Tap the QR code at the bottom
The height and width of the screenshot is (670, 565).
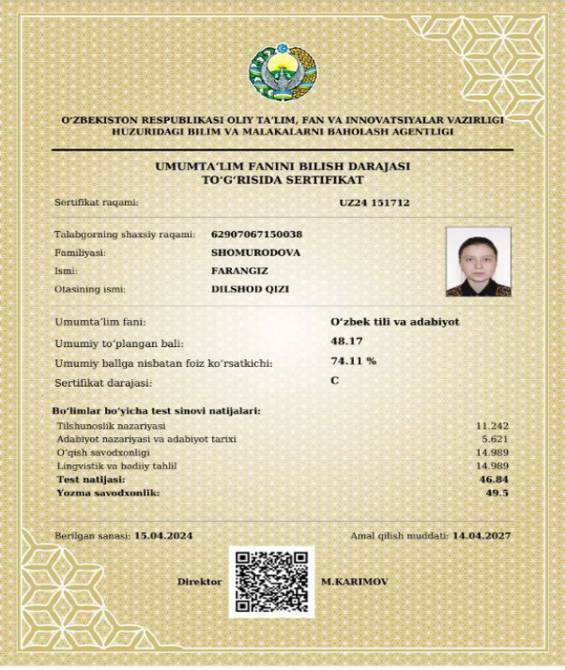269,582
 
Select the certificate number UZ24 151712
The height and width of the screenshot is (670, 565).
374,202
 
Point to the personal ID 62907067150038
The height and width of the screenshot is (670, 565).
257,234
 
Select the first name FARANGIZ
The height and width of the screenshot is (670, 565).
236,270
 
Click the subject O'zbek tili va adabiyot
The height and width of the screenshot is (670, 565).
394,322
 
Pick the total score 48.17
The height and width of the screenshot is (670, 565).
345,342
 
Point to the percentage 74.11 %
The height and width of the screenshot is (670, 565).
353,360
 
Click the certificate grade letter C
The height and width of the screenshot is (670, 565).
334,380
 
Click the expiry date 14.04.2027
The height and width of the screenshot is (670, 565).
481,535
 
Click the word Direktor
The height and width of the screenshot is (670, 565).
199,582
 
